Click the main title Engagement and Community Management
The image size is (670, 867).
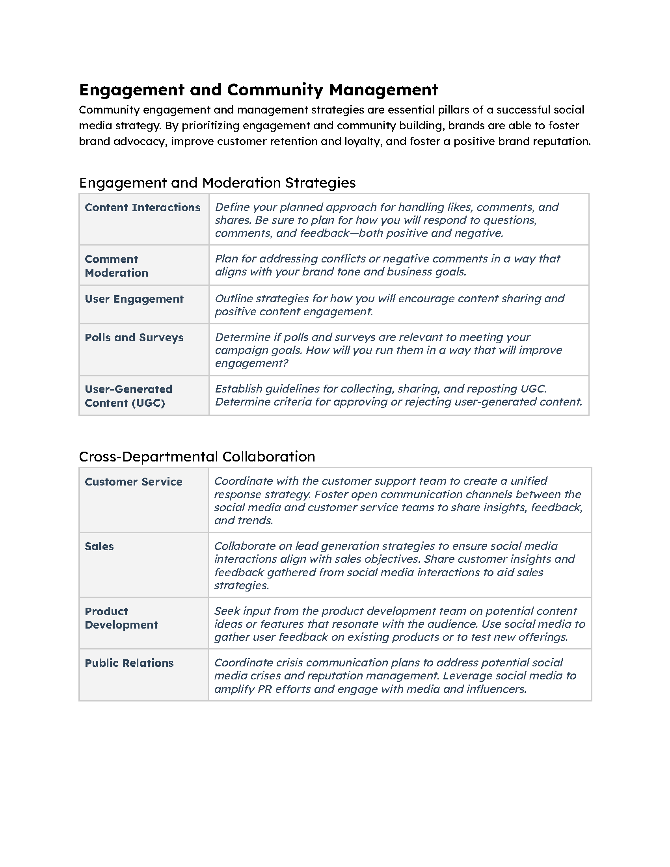tap(259, 90)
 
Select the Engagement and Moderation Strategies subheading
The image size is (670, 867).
tap(217, 183)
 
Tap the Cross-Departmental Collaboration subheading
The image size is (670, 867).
tap(197, 456)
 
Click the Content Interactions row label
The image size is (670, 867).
tap(143, 208)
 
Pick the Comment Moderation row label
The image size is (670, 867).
tap(116, 266)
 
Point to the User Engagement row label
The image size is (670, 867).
tap(134, 299)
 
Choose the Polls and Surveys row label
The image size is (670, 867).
tap(134, 337)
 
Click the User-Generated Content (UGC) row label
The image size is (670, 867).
tap(128, 396)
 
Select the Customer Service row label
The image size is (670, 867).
tap(133, 482)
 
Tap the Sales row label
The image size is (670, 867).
tap(99, 546)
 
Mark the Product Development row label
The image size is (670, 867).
tap(121, 618)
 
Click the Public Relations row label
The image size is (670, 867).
tap(129, 663)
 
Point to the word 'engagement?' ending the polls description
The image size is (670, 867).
tap(252, 363)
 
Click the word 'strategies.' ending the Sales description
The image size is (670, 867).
tap(242, 586)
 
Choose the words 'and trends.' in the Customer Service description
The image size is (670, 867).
tap(244, 521)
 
